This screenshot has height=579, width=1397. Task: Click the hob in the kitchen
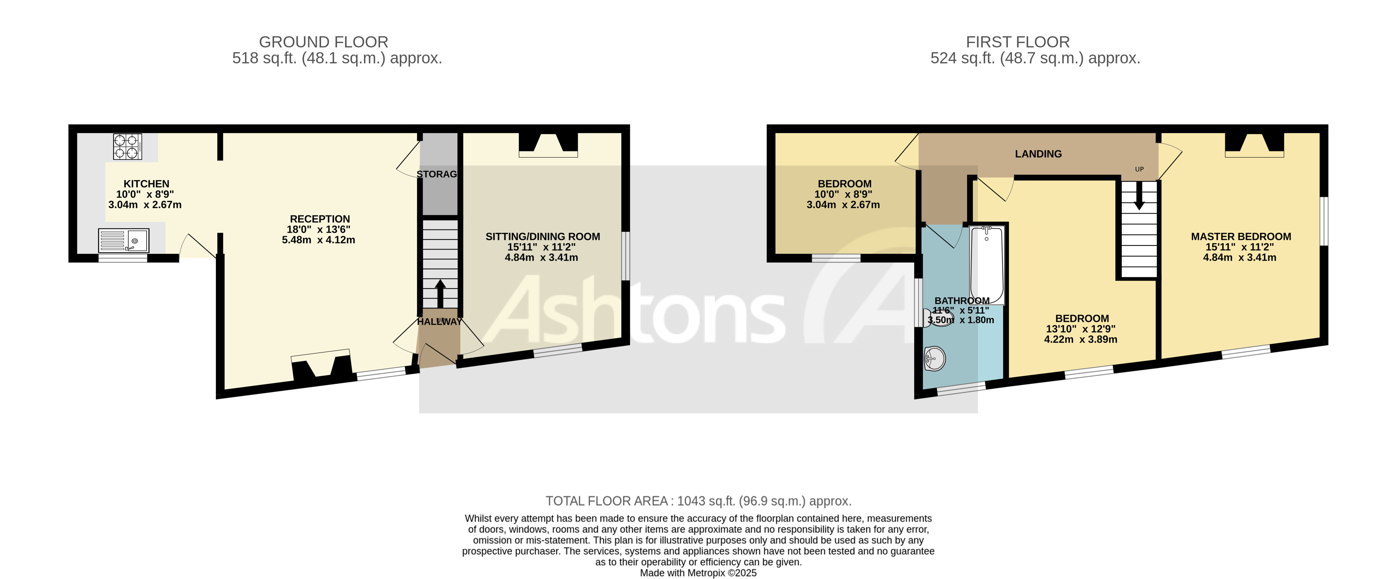tap(127, 147)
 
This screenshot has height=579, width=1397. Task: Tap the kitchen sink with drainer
tap(123, 240)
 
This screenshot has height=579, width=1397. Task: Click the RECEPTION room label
tap(319, 219)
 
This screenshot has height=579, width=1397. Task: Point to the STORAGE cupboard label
tap(437, 174)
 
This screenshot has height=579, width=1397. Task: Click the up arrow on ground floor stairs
tap(440, 293)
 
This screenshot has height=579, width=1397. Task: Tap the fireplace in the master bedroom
tap(1254, 145)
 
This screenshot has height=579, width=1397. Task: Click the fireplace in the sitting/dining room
tap(548, 145)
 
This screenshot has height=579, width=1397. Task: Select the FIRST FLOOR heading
tap(1017, 42)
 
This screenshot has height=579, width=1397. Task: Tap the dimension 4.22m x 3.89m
tap(1080, 340)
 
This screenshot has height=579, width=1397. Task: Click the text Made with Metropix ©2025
tap(698, 573)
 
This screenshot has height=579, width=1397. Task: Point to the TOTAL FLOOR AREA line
tap(698, 501)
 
